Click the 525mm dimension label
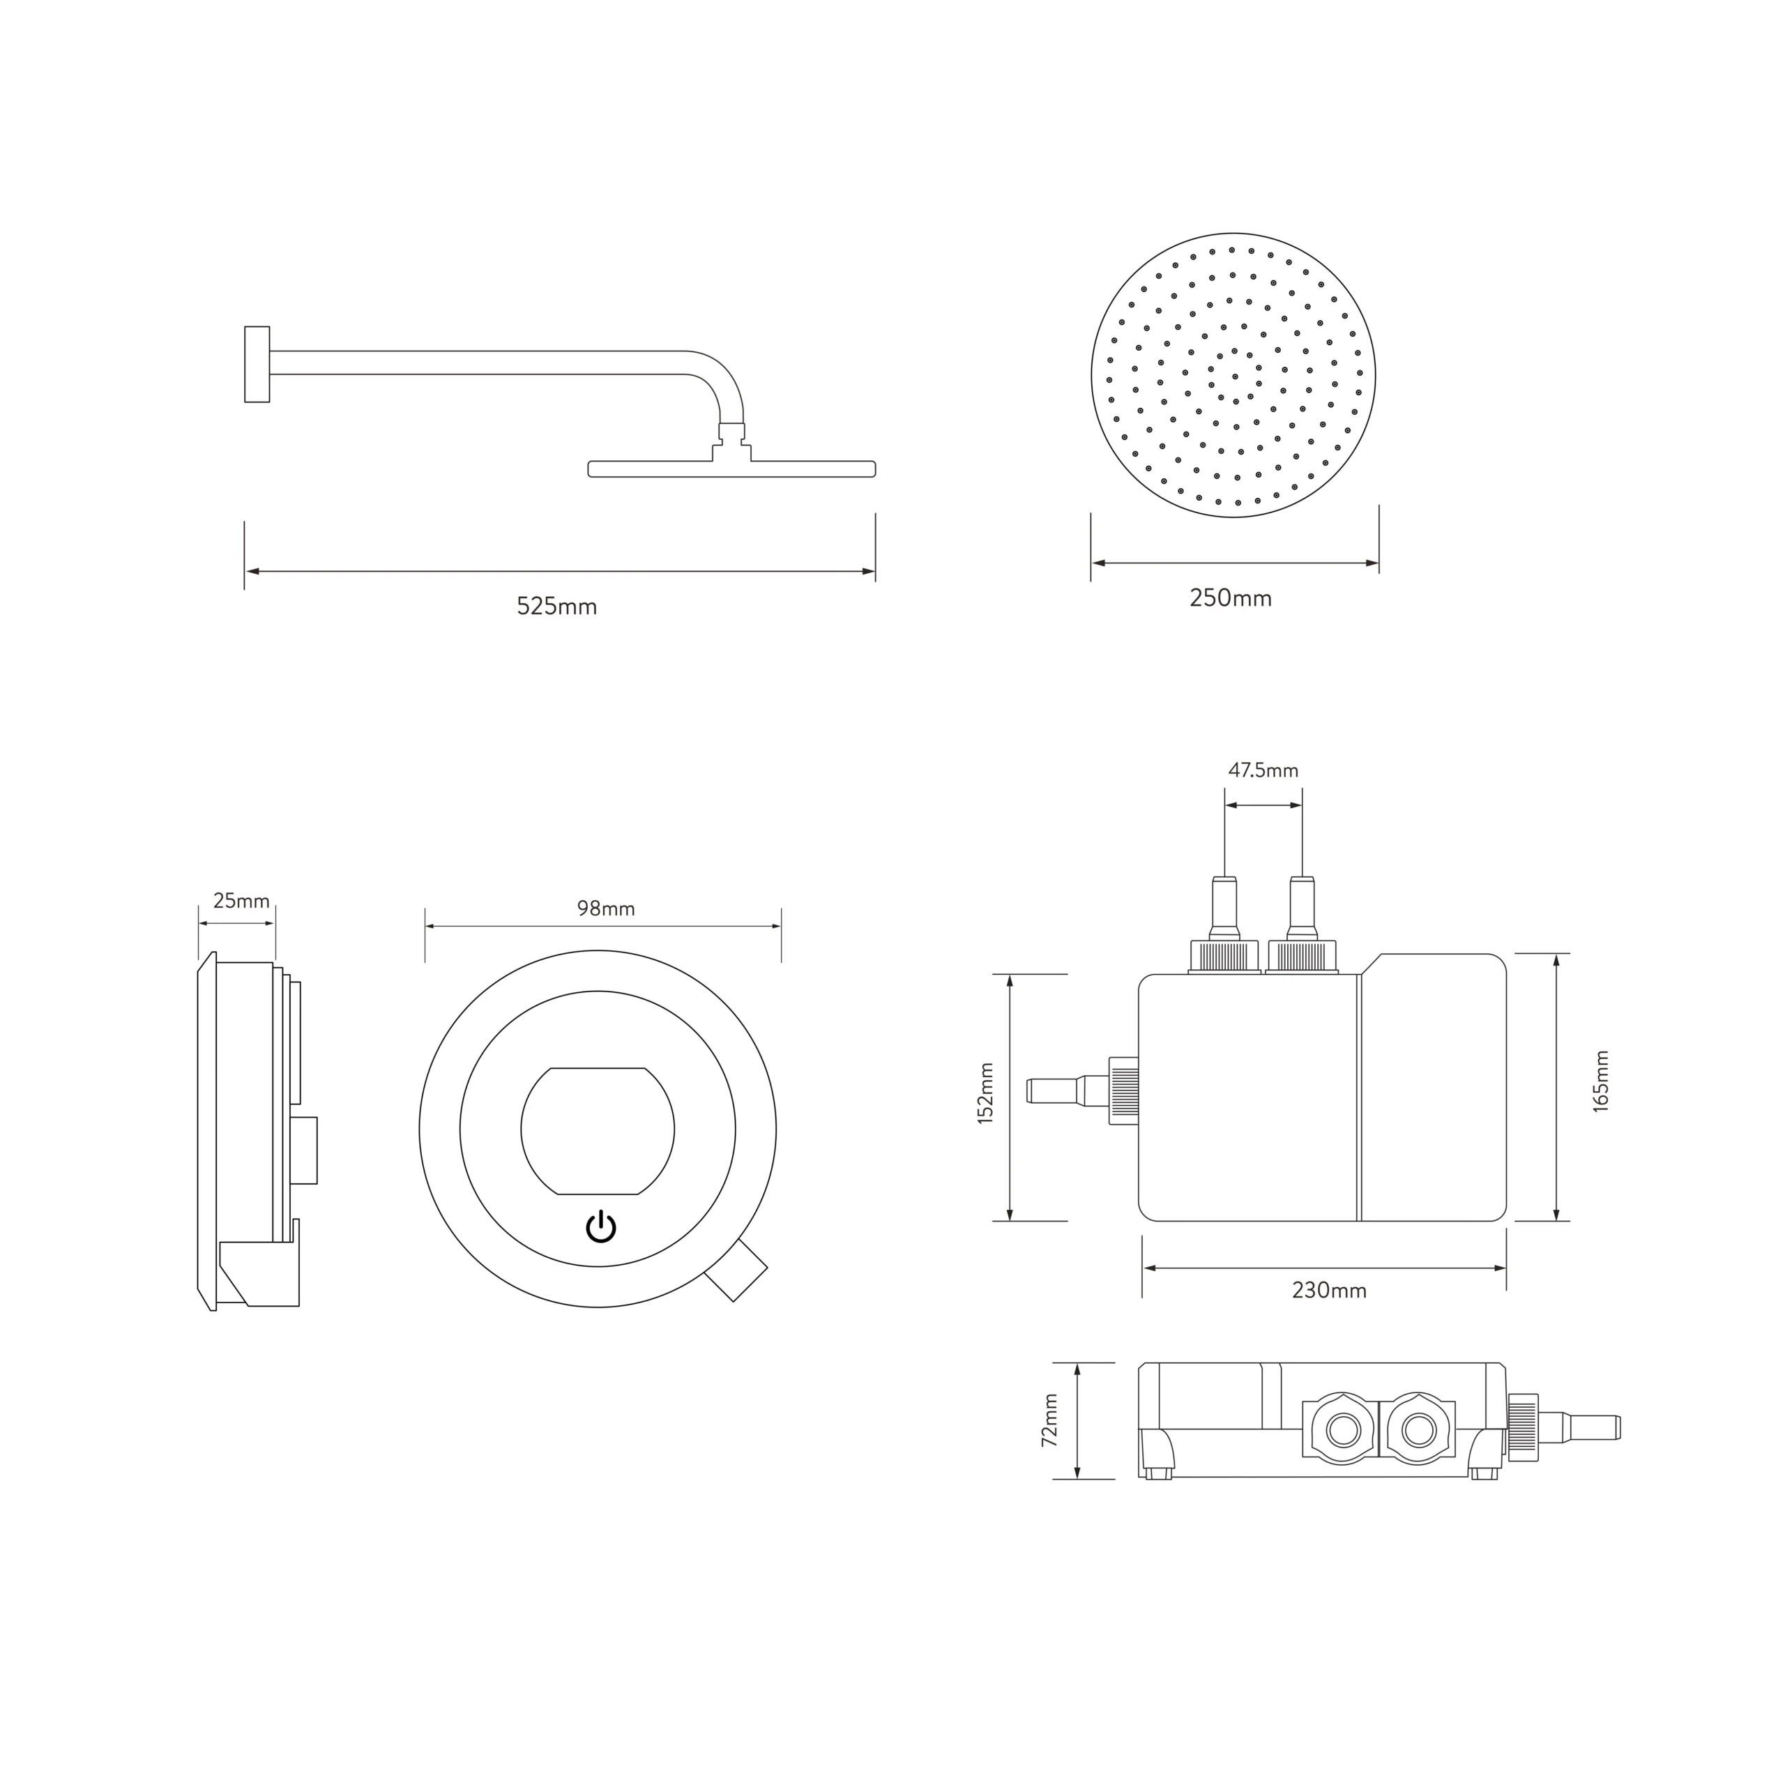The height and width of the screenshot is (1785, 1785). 556,607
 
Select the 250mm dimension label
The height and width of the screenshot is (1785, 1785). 1231,599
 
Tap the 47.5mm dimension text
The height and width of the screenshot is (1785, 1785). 1263,770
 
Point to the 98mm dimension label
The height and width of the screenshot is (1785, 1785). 606,909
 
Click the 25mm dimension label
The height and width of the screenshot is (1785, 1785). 241,901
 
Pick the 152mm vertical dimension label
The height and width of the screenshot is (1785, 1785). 986,1093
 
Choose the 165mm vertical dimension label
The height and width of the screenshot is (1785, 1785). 1601,1081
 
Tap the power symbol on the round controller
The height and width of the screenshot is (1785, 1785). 600,1227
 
